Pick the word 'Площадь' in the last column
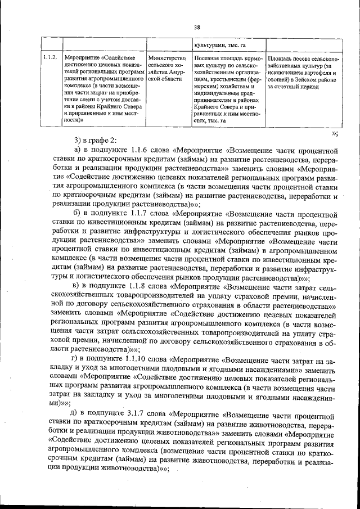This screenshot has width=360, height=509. (x=281, y=57)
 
